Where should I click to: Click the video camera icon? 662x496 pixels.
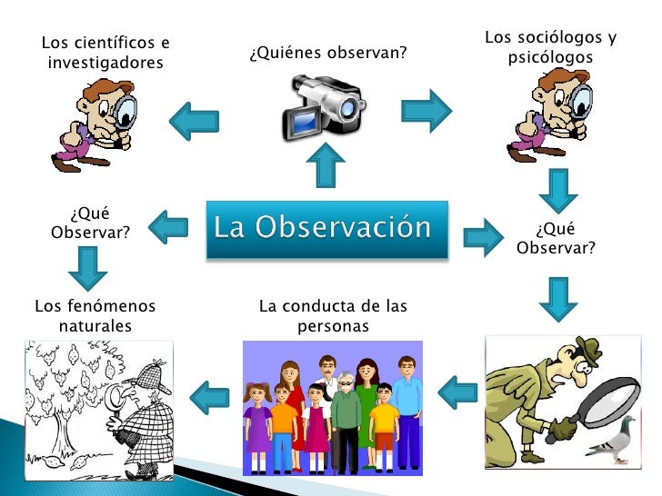(323, 104)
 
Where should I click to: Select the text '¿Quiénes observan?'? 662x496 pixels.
(326, 53)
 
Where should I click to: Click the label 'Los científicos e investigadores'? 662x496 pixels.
(105, 53)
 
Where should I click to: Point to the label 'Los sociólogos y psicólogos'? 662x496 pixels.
(550, 47)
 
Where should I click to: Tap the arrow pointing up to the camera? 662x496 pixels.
(325, 167)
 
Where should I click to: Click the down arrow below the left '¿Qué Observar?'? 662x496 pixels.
(86, 267)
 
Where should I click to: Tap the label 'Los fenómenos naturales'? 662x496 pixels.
(95, 315)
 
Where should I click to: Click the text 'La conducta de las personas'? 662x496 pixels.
(333, 315)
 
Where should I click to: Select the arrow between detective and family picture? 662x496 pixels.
(457, 392)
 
